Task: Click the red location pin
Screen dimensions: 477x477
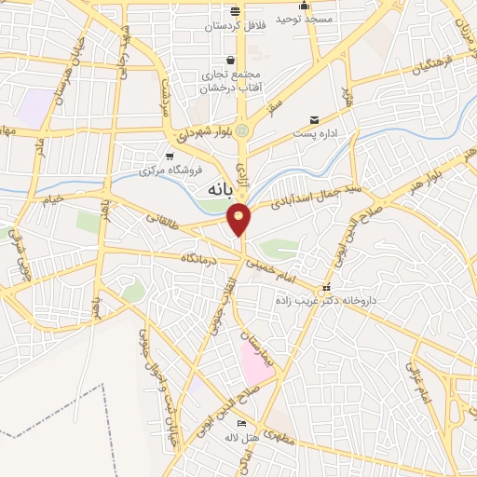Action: (x=240, y=218)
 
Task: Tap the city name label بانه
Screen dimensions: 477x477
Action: (x=216, y=189)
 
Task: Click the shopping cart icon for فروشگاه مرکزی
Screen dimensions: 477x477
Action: (x=170, y=157)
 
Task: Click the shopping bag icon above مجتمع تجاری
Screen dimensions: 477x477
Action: (x=229, y=61)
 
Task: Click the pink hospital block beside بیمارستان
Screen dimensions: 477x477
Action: (x=253, y=362)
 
